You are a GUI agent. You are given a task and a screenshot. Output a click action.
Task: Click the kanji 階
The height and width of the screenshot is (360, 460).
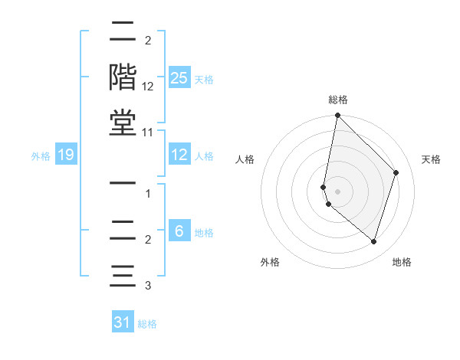(123, 77)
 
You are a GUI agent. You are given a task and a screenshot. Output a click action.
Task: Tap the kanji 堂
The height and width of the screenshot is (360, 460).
(123, 123)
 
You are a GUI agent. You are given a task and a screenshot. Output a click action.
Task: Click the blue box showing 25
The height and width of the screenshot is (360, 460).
(179, 77)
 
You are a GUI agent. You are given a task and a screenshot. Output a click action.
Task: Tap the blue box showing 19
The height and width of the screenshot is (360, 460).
(66, 155)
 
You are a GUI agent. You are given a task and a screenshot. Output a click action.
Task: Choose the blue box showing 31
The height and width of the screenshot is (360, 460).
(123, 322)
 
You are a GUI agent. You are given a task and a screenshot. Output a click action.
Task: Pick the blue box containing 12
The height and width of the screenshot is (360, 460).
(179, 155)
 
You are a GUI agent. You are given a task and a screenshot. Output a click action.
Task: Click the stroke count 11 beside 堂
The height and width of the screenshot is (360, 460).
(147, 133)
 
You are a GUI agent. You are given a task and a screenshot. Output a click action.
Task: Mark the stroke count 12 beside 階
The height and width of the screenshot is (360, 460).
(148, 87)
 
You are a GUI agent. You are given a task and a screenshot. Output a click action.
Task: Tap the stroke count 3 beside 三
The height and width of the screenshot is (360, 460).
(148, 286)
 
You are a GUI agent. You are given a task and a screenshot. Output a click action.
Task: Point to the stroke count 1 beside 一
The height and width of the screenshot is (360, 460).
(148, 194)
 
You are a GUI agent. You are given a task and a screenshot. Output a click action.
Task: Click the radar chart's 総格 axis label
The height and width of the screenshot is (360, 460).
(338, 100)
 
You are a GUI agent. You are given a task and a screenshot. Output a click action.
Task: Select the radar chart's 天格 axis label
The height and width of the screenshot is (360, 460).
(432, 159)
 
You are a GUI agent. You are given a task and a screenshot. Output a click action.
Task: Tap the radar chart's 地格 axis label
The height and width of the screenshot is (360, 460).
(402, 262)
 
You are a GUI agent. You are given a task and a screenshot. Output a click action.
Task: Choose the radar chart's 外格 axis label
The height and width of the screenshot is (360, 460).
(270, 262)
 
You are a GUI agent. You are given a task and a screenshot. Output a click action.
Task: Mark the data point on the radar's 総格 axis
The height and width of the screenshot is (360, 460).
(337, 116)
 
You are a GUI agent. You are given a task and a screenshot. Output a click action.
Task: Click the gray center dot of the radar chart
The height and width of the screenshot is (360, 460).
(337, 191)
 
